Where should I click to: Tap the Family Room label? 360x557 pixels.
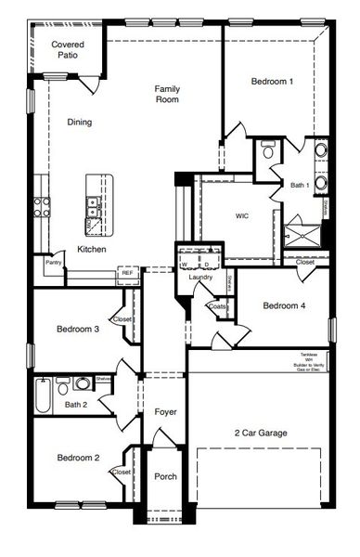click(x=167, y=94)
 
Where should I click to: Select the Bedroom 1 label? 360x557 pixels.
click(x=273, y=82)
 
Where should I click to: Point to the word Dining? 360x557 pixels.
click(x=80, y=122)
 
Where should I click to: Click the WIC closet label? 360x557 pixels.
click(x=241, y=215)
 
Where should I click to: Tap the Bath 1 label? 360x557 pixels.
click(x=299, y=186)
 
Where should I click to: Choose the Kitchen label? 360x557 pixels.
click(x=91, y=250)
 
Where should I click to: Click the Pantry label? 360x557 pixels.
click(x=53, y=264)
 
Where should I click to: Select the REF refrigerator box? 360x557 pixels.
click(x=126, y=274)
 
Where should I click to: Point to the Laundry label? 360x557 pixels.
click(x=200, y=278)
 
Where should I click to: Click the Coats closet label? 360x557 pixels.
click(x=217, y=306)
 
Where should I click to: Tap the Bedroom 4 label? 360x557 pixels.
click(x=284, y=305)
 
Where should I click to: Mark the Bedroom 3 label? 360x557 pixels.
click(x=78, y=329)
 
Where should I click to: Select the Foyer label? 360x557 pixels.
click(x=165, y=411)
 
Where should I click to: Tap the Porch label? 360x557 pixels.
click(x=165, y=476)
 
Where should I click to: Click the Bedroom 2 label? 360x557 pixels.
click(x=78, y=458)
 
